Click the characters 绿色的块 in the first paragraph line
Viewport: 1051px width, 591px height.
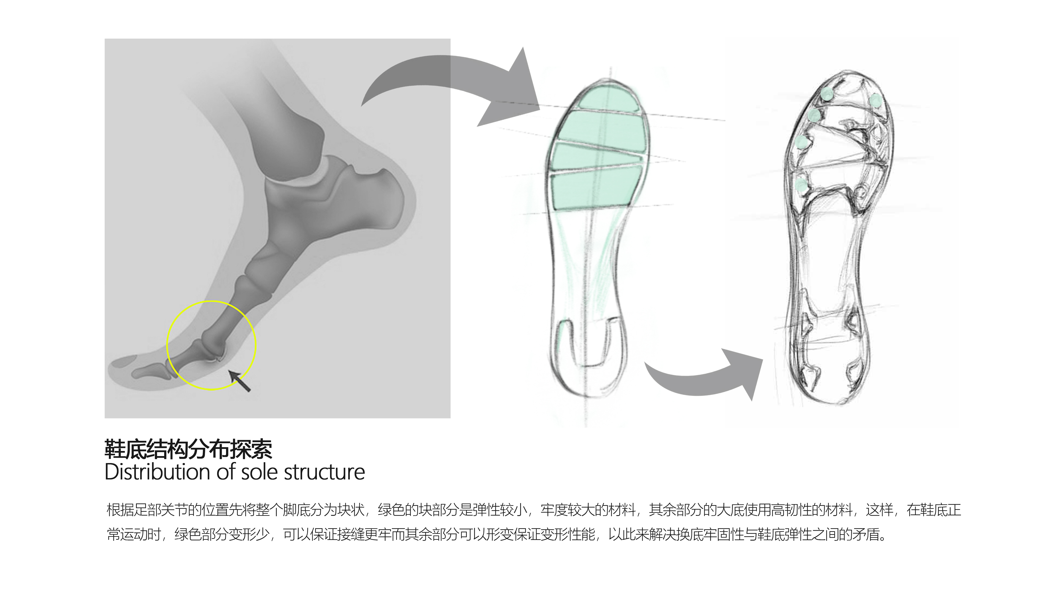pos(404,510)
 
